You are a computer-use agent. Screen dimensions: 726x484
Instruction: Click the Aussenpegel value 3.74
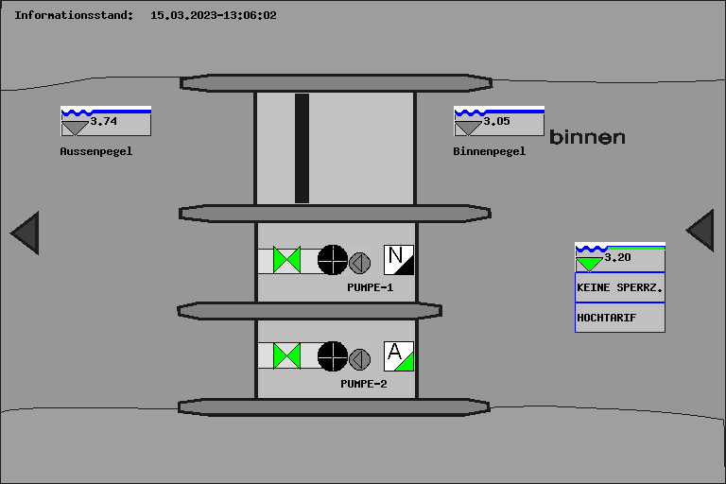[104, 121]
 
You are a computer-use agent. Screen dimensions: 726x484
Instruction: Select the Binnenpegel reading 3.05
[497, 121]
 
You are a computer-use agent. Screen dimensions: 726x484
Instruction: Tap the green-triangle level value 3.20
[617, 257]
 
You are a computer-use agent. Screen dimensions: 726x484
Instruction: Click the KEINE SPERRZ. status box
[620, 287]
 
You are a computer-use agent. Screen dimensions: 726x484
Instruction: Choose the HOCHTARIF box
[620, 318]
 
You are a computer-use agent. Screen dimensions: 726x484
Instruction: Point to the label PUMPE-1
[370, 287]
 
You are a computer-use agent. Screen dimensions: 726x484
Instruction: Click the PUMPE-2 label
[363, 384]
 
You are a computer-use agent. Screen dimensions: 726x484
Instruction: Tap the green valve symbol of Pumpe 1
[286, 260]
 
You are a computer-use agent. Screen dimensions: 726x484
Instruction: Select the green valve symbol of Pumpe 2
[286, 356]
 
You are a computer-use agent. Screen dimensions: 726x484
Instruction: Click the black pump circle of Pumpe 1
[333, 260]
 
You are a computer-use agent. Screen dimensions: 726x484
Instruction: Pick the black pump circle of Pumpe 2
[333, 356]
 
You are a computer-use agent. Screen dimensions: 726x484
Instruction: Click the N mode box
[399, 260]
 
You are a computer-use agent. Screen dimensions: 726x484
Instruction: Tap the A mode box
[399, 356]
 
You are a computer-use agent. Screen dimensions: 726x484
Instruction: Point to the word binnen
[587, 137]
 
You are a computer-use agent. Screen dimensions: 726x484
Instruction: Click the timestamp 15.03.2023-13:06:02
[214, 15]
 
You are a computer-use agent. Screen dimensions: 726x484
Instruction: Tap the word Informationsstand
[73, 15]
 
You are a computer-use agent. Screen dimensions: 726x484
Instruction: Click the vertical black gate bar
[302, 148]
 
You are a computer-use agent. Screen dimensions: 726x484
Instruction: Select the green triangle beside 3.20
[589, 264]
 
